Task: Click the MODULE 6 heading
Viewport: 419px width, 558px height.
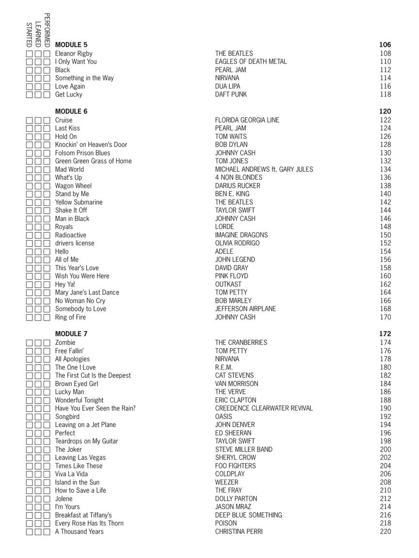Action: [71, 111]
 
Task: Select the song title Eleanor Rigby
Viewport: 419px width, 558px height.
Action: [74, 53]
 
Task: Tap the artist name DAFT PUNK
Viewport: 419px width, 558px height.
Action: [231, 94]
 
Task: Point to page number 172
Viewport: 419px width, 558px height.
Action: [385, 334]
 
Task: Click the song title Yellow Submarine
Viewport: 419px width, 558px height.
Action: [79, 202]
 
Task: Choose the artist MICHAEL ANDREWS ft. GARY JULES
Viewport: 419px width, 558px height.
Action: [264, 169]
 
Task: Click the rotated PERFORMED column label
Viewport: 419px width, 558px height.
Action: [47, 30]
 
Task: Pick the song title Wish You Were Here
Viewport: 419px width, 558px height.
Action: [82, 276]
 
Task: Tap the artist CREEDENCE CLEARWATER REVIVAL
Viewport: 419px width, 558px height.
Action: [264, 408]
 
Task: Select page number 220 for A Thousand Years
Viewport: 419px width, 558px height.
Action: [385, 531]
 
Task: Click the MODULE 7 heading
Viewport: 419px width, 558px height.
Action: [71, 334]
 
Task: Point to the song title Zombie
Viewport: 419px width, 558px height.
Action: [65, 342]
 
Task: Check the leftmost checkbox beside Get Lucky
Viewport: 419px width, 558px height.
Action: [30, 94]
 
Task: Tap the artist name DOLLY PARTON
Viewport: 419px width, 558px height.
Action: [236, 498]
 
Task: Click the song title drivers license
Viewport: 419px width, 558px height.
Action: [75, 243]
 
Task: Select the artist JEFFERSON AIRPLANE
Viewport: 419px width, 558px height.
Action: [245, 309]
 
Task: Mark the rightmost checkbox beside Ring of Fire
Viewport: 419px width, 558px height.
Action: [47, 317]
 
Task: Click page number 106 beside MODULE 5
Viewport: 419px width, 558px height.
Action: [385, 45]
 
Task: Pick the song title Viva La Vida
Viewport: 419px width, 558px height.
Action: [71, 474]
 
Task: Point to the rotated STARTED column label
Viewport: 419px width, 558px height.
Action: [30, 34]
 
